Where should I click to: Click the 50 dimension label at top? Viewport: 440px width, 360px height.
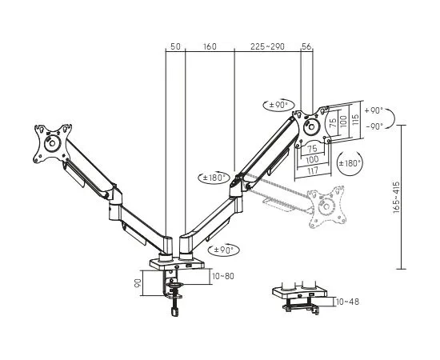175,46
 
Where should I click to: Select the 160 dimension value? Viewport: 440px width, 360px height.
210,46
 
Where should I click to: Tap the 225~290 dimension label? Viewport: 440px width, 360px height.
267,46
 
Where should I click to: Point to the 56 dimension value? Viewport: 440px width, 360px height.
306,46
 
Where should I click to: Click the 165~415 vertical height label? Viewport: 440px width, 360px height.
396,197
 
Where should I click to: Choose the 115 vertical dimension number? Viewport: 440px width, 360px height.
355,121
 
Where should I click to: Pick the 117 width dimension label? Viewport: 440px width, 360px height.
312,170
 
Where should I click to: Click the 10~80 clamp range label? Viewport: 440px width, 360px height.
223,276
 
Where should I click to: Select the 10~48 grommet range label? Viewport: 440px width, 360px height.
347,302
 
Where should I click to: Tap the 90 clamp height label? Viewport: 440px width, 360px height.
138,282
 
